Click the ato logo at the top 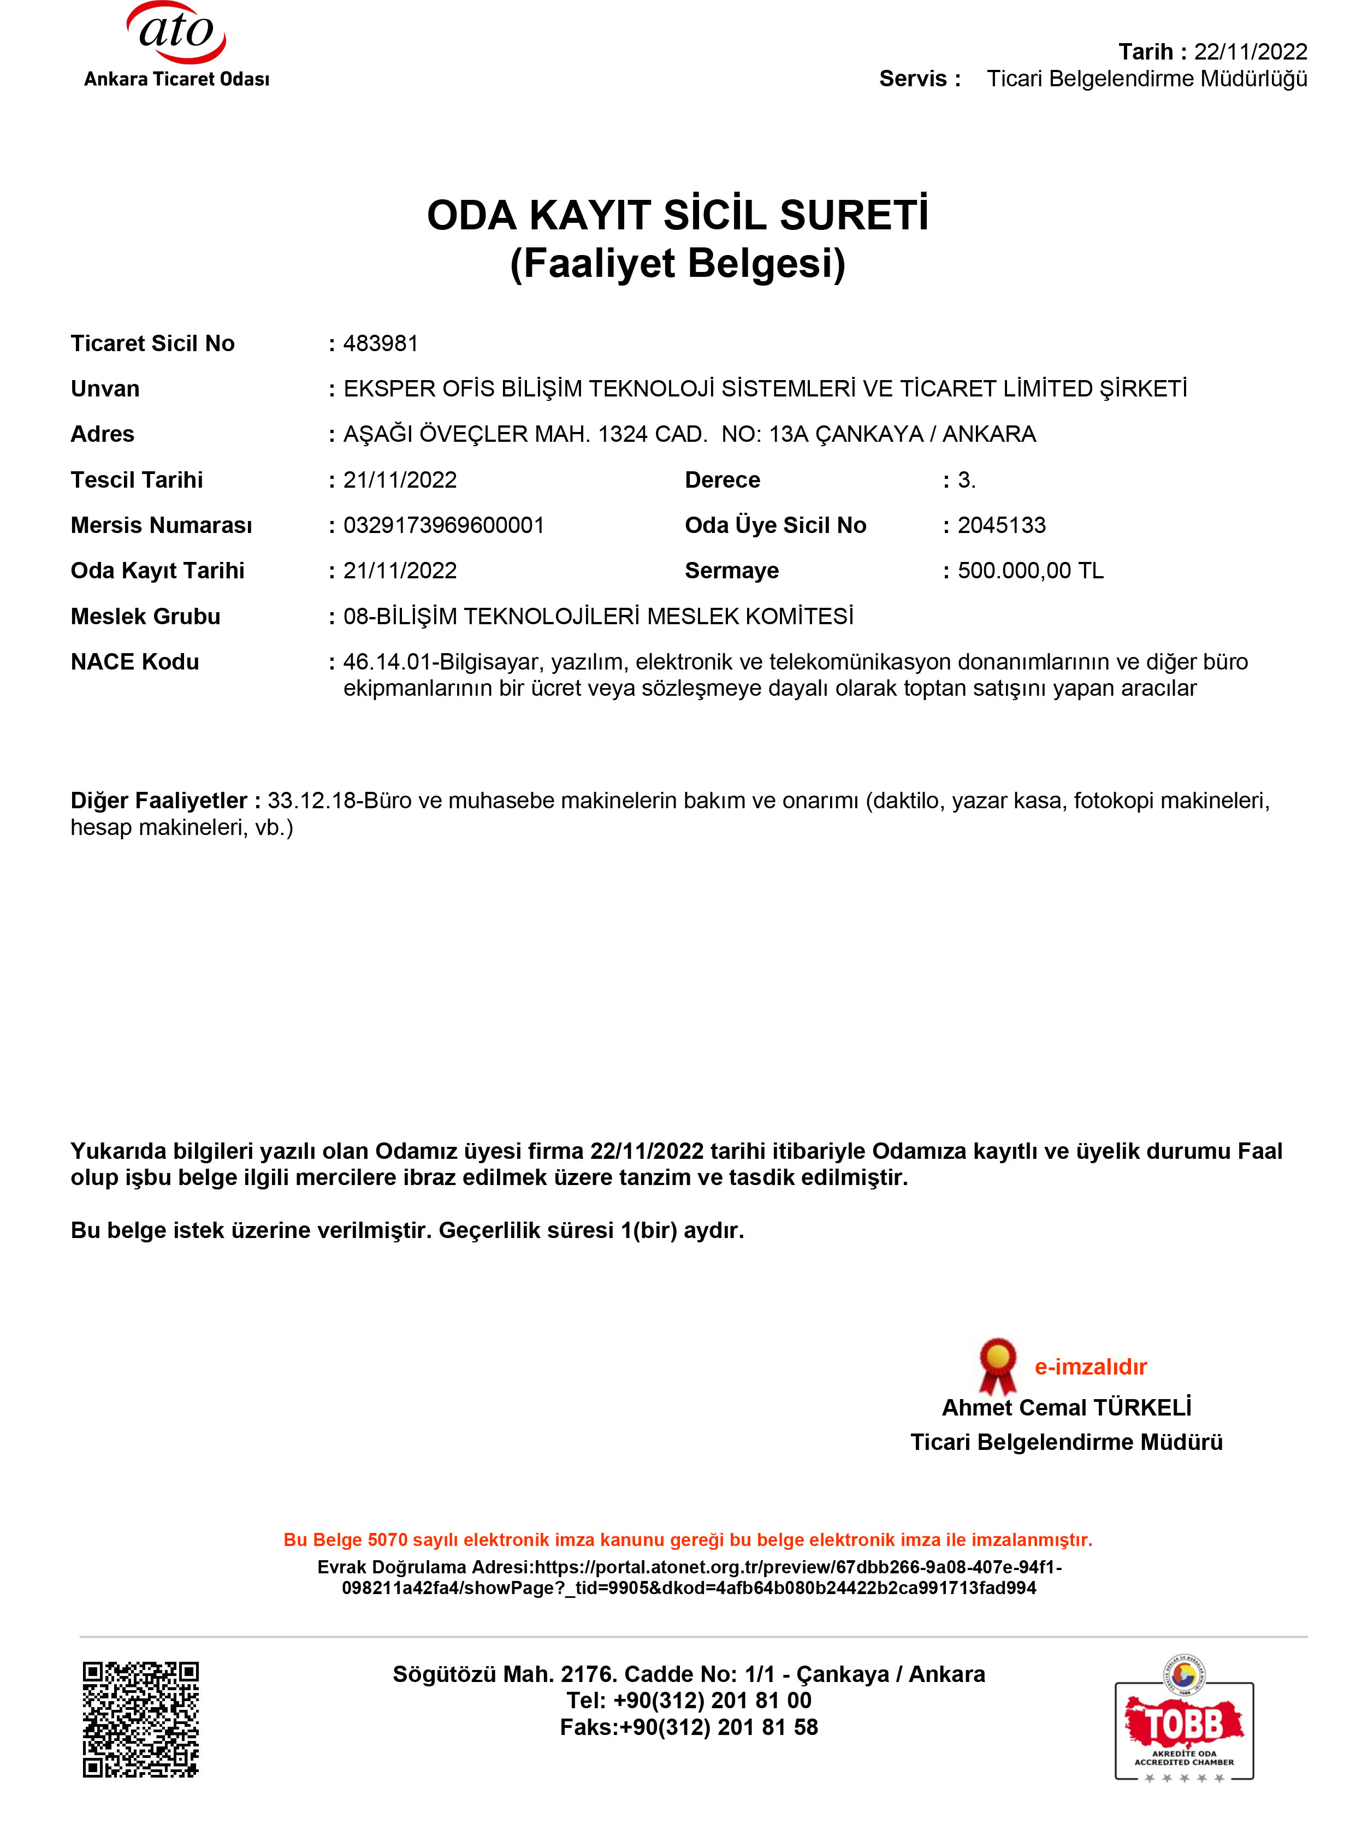click(x=176, y=34)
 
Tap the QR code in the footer click(x=140, y=1719)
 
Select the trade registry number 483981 click(x=380, y=343)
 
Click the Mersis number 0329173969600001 click(x=444, y=525)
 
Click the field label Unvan click(x=105, y=389)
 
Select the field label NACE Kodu click(x=135, y=662)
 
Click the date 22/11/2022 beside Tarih click(x=1250, y=51)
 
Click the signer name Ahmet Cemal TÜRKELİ click(x=1067, y=1407)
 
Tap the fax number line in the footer click(x=688, y=1727)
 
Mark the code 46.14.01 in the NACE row click(x=387, y=662)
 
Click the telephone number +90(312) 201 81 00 click(x=712, y=1701)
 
